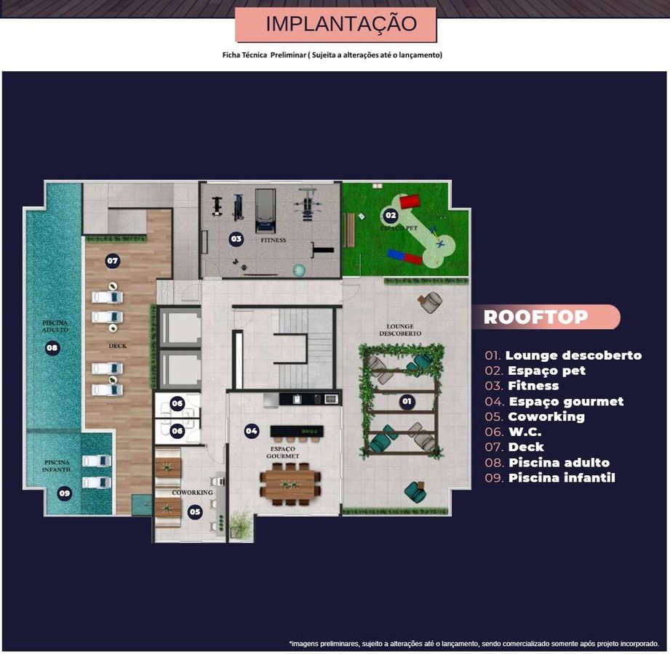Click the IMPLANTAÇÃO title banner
[x=336, y=24]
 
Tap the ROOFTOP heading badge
[x=546, y=317]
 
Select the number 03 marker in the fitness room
[x=236, y=239]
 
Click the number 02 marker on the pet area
[x=391, y=215]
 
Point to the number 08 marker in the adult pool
[x=52, y=348]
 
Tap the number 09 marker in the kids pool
[x=65, y=493]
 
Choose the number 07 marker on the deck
[x=112, y=261]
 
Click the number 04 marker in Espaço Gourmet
[x=252, y=431]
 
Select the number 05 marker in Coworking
[x=195, y=512]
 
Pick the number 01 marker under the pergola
[x=407, y=401]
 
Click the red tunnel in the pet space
[x=410, y=201]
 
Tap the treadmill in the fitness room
[x=266, y=211]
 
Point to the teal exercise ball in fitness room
[x=299, y=270]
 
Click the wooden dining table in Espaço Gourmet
[x=290, y=485]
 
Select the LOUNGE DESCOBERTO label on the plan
[x=400, y=330]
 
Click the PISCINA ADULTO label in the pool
[x=55, y=326]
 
